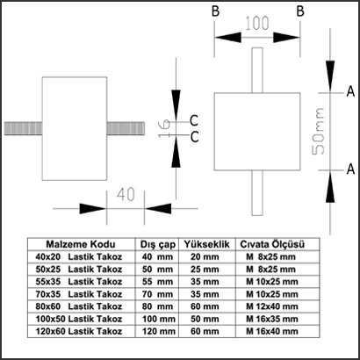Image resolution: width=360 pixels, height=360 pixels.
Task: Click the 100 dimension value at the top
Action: pyautogui.click(x=256, y=24)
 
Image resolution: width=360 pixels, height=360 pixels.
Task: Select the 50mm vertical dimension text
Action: pyautogui.click(x=318, y=131)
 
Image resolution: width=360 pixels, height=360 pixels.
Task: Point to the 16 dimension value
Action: pyautogui.click(x=164, y=128)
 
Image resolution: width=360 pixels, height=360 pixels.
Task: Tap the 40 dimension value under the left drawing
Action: pyautogui.click(x=126, y=194)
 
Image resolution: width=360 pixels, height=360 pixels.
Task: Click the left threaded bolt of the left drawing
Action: pyautogui.click(x=24, y=129)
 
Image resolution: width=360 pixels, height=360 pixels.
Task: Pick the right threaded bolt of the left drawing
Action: pyautogui.click(x=126, y=129)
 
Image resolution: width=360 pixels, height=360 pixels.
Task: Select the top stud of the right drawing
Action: pyautogui.click(x=257, y=70)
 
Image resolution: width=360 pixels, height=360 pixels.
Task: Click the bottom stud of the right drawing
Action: pyautogui.click(x=257, y=193)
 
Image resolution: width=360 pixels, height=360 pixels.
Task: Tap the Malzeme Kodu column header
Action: pyautogui.click(x=81, y=244)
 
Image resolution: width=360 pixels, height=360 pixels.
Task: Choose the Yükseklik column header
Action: pyautogui.click(x=207, y=244)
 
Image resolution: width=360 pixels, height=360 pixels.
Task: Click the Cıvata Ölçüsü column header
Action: pyautogui.click(x=272, y=244)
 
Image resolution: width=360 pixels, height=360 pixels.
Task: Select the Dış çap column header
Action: pyautogui.click(x=158, y=245)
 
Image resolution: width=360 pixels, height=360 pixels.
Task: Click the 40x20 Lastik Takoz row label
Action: pyautogui.click(x=78, y=257)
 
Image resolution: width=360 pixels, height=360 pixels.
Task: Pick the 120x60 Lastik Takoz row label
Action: pyautogui.click(x=78, y=331)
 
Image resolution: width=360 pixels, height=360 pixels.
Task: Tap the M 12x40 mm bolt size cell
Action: pyautogui.click(x=272, y=306)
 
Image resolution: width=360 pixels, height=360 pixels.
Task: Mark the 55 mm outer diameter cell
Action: pyautogui.click(x=157, y=282)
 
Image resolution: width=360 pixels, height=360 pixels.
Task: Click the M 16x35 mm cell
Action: pyautogui.click(x=272, y=319)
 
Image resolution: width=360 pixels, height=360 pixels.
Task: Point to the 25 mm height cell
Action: pyautogui.click(x=205, y=270)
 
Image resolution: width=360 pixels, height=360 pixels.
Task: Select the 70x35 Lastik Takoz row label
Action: pyautogui.click(x=78, y=294)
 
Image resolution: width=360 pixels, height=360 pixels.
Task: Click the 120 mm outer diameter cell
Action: pyautogui.click(x=159, y=331)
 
